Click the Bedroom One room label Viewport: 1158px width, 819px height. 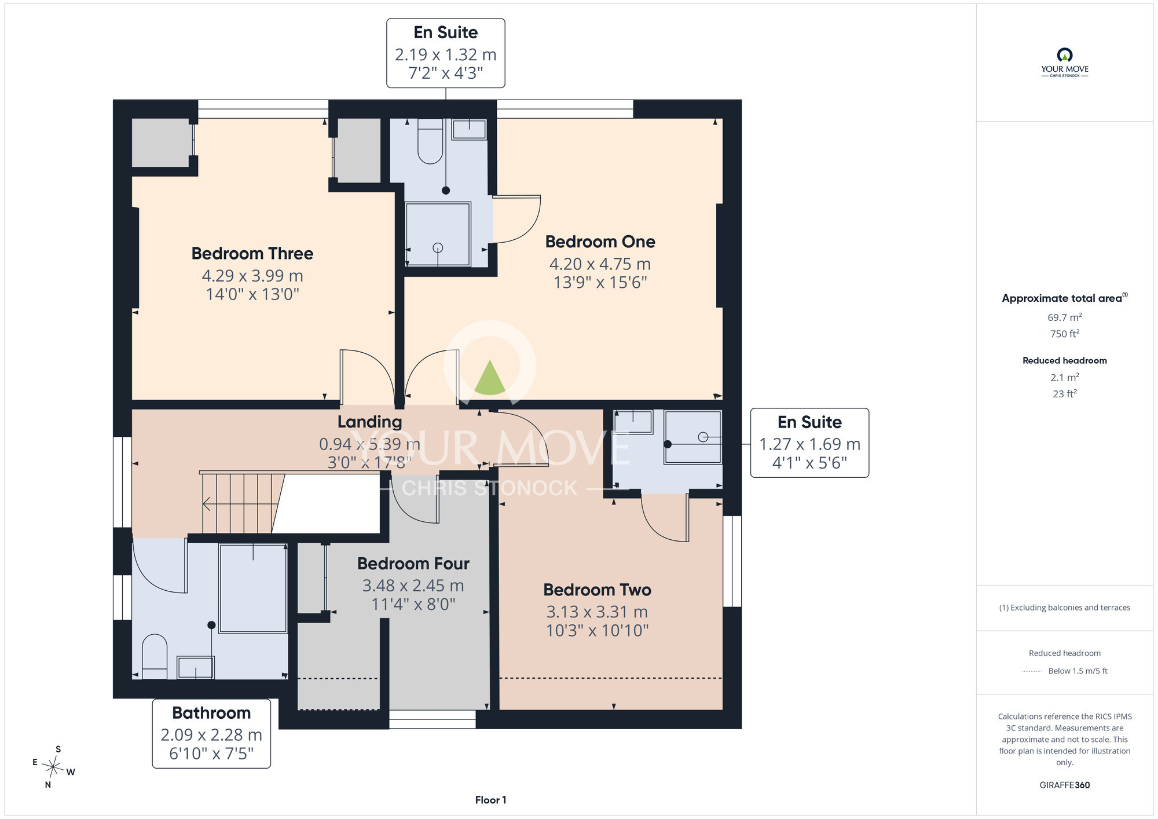point(600,242)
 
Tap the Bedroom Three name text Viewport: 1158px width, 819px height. point(252,254)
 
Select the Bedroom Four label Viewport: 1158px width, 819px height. point(413,564)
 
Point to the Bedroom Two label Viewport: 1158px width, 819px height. point(598,590)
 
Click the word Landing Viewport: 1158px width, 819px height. point(370,422)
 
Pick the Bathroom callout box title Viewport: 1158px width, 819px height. point(211,713)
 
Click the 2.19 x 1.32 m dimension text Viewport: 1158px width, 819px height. point(446,54)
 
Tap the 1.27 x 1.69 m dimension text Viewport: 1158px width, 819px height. point(810,444)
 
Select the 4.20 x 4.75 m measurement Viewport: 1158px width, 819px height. point(600,264)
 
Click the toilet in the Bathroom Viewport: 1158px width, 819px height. point(155,656)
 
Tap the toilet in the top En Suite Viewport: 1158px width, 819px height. point(430,141)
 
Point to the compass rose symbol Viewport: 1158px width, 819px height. point(53,767)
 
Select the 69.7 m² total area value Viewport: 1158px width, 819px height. point(1065,317)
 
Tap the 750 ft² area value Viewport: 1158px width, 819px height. point(1065,334)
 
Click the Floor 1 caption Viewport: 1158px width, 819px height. point(491,800)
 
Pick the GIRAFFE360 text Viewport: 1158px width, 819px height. point(1065,785)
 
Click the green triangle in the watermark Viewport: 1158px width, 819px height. point(490,378)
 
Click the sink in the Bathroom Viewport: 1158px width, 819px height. point(196,667)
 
